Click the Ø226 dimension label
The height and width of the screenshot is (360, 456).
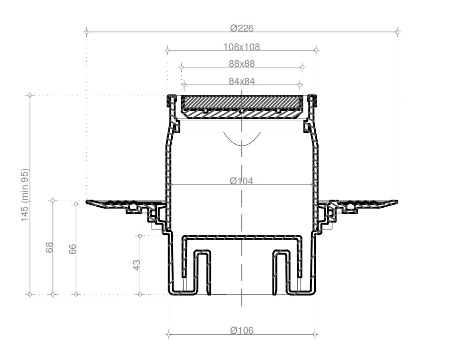click(x=242, y=28)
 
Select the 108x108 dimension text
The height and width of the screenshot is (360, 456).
click(x=242, y=47)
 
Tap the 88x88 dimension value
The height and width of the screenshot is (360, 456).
click(x=242, y=64)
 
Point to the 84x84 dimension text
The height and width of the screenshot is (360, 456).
click(x=242, y=81)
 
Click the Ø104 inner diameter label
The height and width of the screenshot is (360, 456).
click(x=241, y=181)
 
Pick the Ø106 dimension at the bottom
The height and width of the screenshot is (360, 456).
click(x=242, y=330)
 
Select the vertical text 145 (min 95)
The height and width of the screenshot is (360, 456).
click(x=25, y=195)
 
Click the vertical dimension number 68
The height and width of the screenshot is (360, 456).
click(x=50, y=248)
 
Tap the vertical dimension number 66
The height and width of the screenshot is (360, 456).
click(x=73, y=249)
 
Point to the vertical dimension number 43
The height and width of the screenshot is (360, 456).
click(x=136, y=265)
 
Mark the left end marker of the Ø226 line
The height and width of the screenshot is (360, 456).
click(x=86, y=32)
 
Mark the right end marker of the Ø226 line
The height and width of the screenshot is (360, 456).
click(x=397, y=32)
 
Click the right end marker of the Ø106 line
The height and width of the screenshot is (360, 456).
click(x=315, y=334)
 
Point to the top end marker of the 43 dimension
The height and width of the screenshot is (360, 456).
click(x=140, y=235)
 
